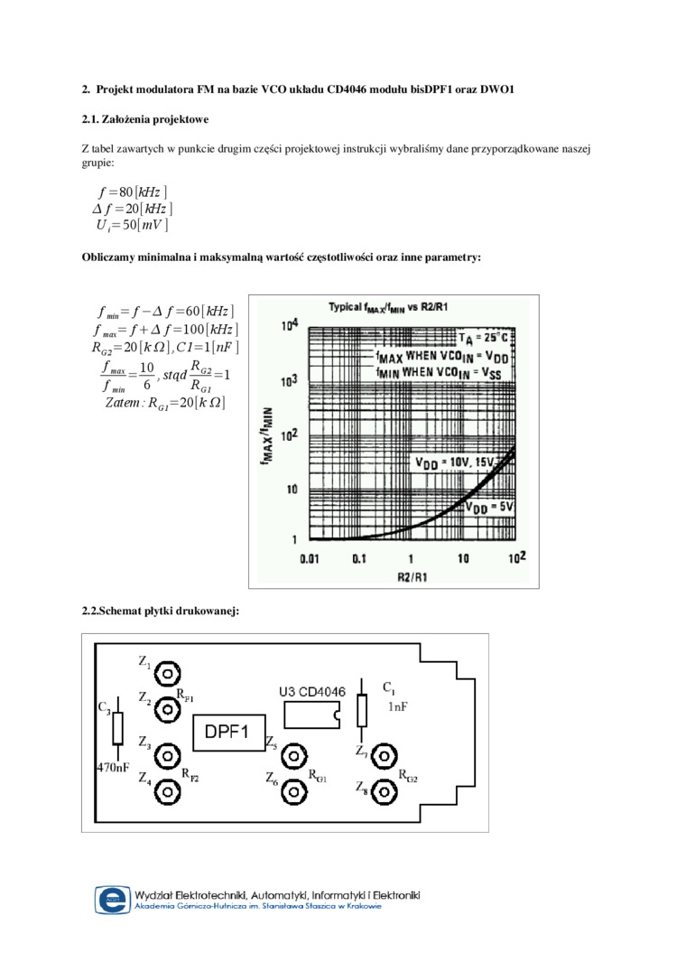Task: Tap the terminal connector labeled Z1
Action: [x=167, y=673]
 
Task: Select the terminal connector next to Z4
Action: [x=167, y=792]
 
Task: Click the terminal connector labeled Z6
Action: [x=293, y=792]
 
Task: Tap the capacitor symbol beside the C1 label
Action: [x=363, y=710]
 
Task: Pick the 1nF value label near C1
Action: [x=398, y=707]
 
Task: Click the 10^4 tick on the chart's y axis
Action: [x=290, y=326]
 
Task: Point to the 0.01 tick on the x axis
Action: [x=310, y=559]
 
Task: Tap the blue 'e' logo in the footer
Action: [x=113, y=900]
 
